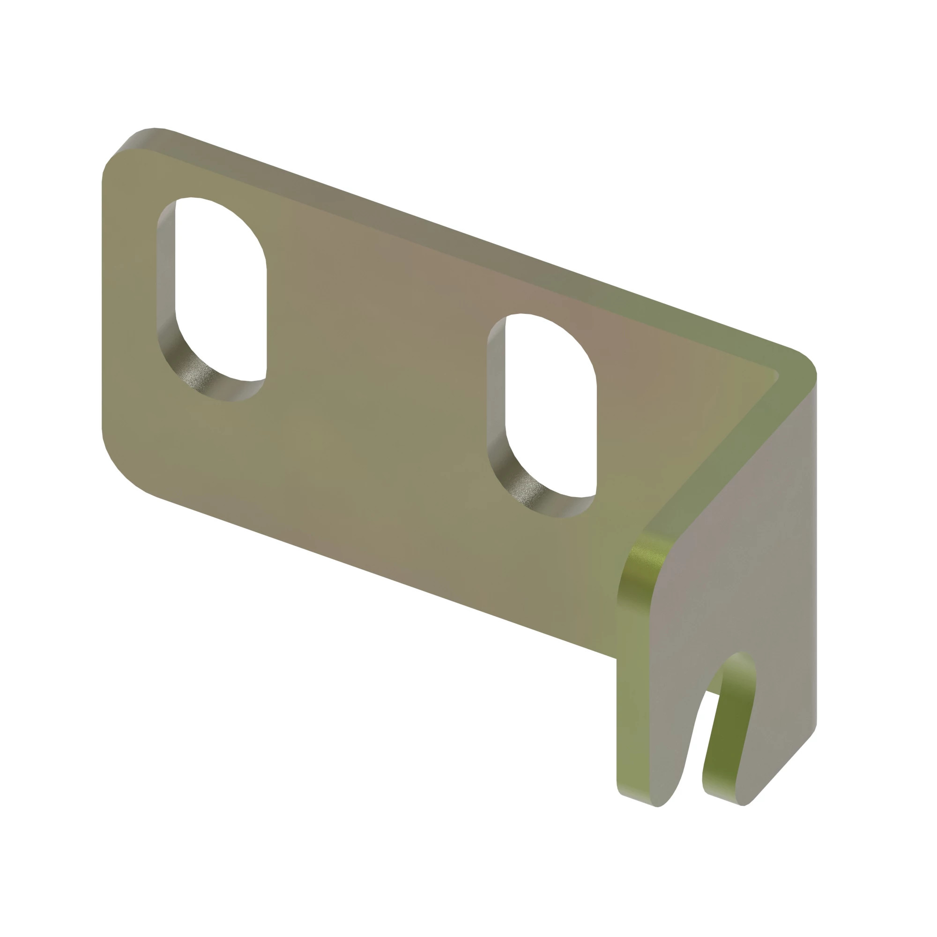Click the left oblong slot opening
tap(221, 291)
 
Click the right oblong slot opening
tap(550, 408)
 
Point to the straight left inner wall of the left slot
tap(166, 272)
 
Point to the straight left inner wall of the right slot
tap(496, 388)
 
